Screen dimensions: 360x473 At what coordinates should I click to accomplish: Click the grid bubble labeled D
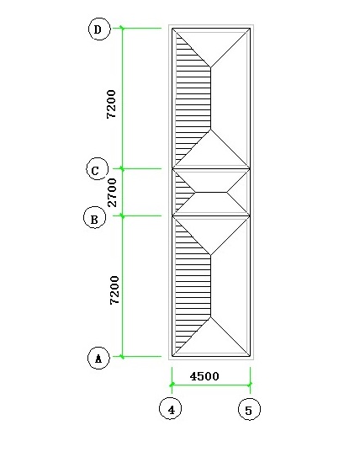click(99, 29)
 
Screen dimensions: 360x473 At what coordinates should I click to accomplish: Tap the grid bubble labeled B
click(94, 217)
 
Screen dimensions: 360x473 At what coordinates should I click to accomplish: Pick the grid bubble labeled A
click(98, 358)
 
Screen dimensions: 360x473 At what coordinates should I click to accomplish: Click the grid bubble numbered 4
click(171, 408)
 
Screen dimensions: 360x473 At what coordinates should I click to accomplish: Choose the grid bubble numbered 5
click(249, 409)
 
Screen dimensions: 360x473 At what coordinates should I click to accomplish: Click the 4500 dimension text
click(204, 376)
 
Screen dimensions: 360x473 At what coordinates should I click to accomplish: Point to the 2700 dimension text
click(112, 193)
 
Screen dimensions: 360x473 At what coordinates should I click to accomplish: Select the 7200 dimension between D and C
click(111, 104)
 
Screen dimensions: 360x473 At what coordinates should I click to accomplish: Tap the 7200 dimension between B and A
click(114, 290)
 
